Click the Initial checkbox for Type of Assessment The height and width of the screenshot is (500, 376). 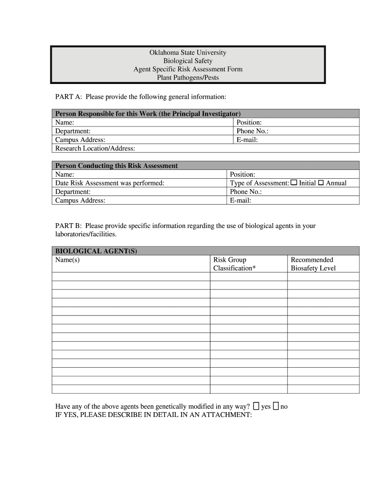coord(294,183)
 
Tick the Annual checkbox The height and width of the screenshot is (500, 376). coord(321,183)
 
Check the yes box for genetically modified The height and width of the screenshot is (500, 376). coord(256,406)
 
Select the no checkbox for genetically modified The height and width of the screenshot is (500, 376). coord(276,406)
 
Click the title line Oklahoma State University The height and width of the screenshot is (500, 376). coord(188,53)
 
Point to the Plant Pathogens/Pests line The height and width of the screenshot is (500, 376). coord(188,78)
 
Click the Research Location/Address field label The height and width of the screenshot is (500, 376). coord(95,148)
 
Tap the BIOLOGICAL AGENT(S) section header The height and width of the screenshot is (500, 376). coord(96,251)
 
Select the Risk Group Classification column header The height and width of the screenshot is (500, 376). coord(234,264)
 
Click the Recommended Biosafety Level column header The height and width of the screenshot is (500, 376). coord(313,264)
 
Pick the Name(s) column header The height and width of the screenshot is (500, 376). coord(67,260)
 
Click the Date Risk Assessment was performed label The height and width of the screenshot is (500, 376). coord(109,183)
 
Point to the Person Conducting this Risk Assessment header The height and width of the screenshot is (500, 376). coord(116,166)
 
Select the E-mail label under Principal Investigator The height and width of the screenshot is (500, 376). coord(247,140)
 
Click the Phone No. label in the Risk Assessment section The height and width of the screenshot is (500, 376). coord(246,192)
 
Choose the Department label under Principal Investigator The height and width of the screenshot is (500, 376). coord(73,131)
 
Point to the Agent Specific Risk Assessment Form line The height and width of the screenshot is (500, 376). coord(188,69)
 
